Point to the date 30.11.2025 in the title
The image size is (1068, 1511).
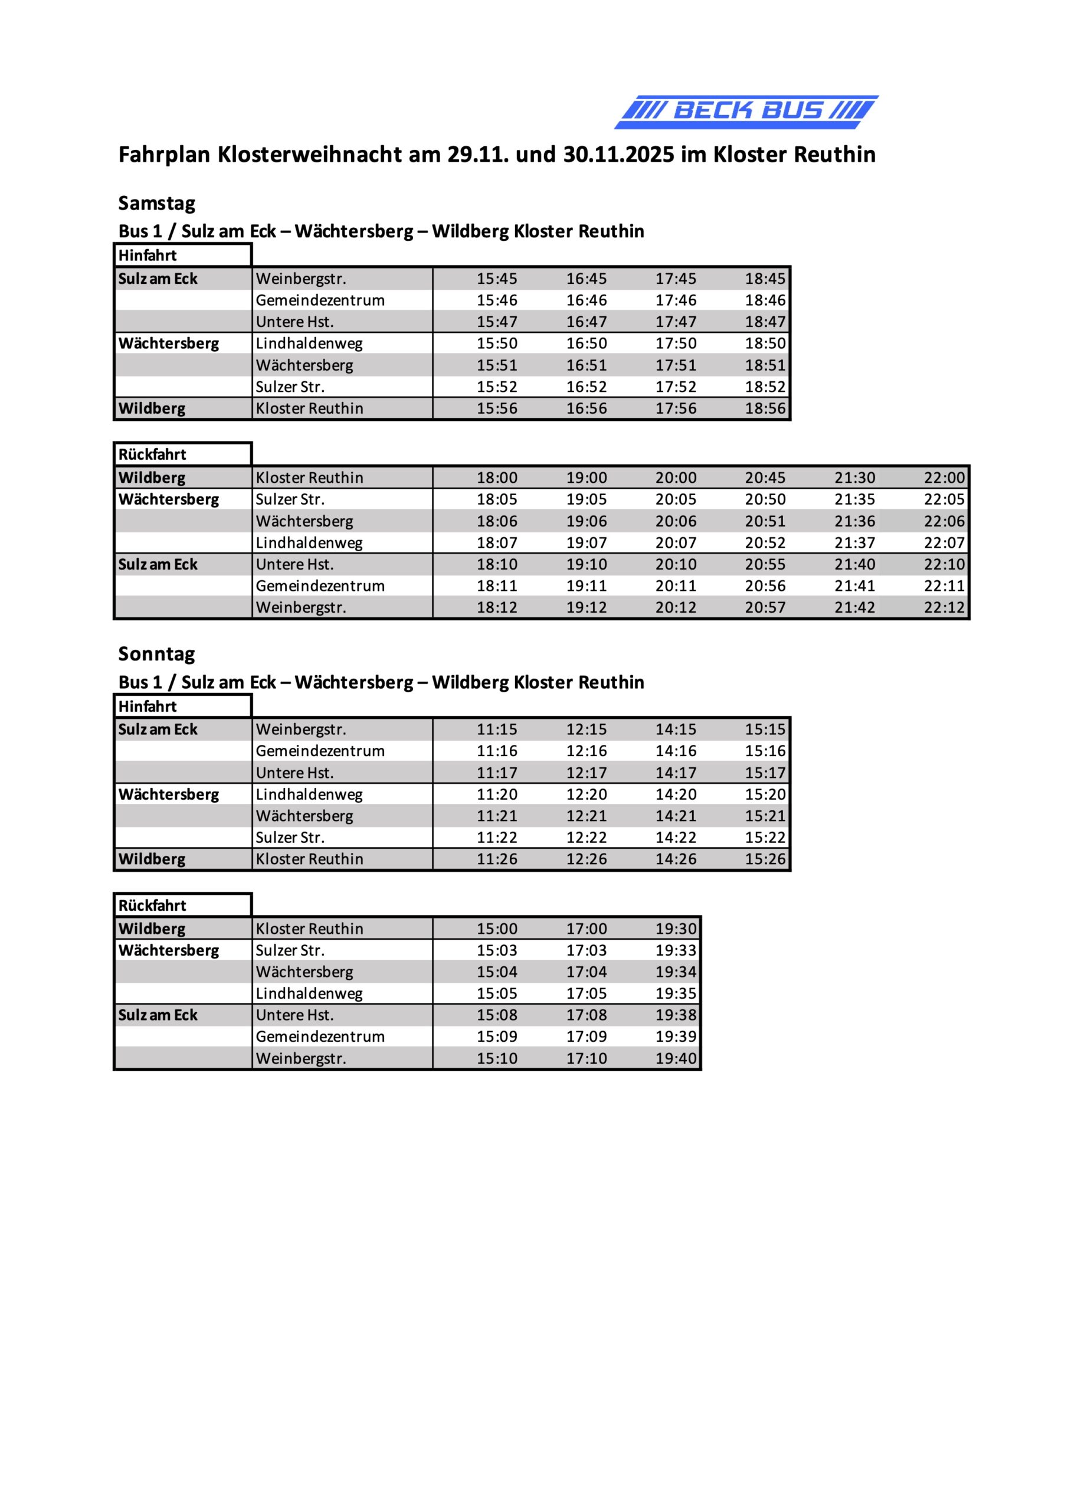click(x=618, y=155)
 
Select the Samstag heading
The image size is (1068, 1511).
click(x=156, y=204)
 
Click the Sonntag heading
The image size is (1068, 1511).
click(x=156, y=654)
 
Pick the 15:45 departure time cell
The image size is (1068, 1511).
click(x=497, y=279)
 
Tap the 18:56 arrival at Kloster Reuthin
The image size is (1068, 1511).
click(x=765, y=408)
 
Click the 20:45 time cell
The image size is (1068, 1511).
click(x=765, y=477)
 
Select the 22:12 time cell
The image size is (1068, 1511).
click(x=943, y=607)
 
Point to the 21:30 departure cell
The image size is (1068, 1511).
click(x=854, y=477)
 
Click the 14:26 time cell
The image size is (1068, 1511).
click(x=675, y=859)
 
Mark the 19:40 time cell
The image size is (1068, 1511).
click(x=675, y=1059)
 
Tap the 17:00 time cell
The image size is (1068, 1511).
click(x=587, y=929)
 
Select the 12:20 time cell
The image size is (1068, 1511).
click(x=587, y=795)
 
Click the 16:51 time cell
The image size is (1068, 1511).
click(x=587, y=365)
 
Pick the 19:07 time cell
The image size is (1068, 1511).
click(x=587, y=543)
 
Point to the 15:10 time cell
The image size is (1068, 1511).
click(x=497, y=1059)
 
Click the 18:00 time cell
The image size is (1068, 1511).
click(x=497, y=477)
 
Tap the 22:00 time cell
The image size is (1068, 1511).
click(x=943, y=477)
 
